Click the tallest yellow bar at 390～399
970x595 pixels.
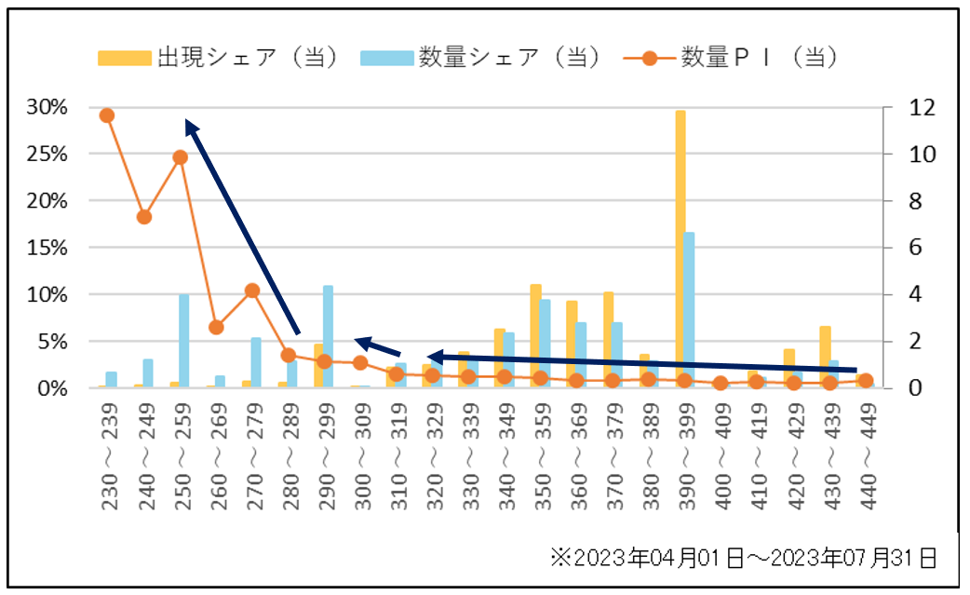[680, 249]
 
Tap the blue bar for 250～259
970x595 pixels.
[184, 341]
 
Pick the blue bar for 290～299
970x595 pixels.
[329, 336]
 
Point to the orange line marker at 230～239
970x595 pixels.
[107, 115]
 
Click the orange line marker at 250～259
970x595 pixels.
[180, 157]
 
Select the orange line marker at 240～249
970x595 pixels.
[143, 217]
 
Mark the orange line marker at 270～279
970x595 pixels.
[251, 291]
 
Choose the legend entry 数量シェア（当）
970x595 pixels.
[480, 58]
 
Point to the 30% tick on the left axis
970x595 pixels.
[47, 107]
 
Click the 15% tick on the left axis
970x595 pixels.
[47, 248]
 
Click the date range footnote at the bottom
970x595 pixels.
[742, 558]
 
